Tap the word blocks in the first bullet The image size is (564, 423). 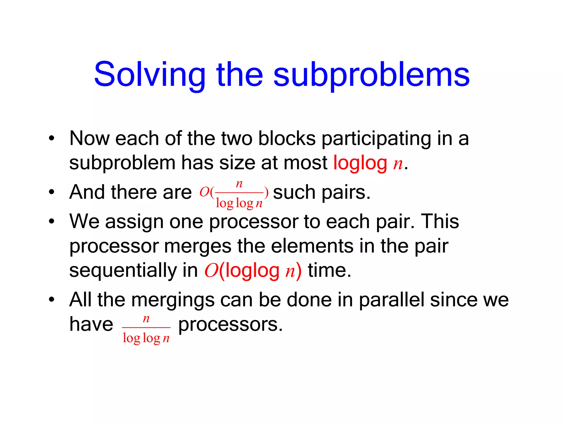287,138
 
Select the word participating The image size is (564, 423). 376,138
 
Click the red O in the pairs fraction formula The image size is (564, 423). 204,192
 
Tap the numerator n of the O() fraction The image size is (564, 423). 239,184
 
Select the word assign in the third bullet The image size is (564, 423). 134,221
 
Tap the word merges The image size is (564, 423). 197,246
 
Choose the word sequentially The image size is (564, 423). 123,270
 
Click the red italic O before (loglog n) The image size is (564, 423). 211,271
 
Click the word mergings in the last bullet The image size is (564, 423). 173,300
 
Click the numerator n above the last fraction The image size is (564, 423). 146,319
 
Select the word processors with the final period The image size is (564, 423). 230,324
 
